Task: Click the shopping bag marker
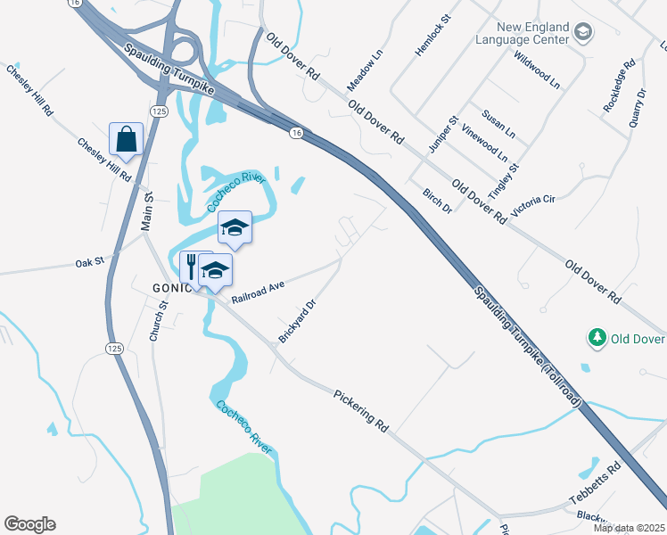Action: (126, 140)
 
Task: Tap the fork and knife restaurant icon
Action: (190, 266)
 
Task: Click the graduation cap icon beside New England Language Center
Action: (584, 34)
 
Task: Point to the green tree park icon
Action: (597, 338)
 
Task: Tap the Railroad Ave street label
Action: (257, 292)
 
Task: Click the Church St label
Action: (159, 322)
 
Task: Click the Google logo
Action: (30, 524)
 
